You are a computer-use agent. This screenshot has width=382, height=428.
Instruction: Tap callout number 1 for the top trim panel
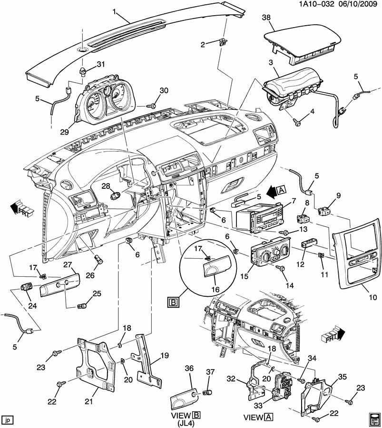pos(114,10)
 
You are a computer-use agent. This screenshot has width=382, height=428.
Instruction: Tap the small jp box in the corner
pos(7,420)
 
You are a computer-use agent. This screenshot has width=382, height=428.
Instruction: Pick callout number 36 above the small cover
pos(189,369)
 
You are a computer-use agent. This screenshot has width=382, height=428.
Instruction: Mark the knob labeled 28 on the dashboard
pos(114,195)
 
